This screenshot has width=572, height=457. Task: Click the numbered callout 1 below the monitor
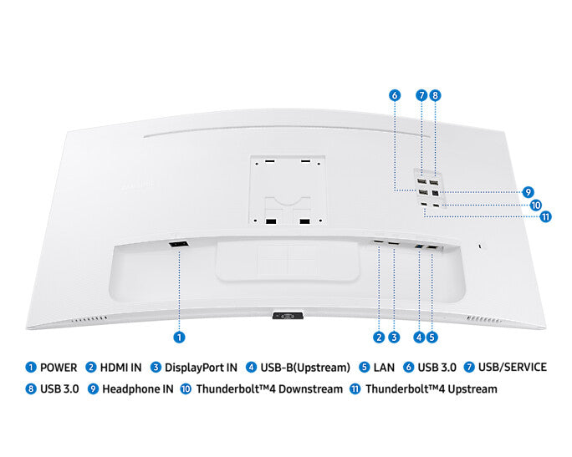[179, 338]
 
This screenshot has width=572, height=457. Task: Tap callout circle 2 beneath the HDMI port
[379, 338]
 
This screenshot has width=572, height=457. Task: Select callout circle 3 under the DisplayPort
[393, 338]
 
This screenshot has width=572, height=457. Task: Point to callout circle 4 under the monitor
[418, 338]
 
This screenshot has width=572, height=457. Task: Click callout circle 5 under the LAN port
[432, 338]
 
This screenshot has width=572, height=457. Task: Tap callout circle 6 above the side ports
[394, 95]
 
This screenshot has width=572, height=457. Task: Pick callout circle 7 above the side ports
[422, 95]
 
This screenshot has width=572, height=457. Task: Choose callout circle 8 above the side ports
[435, 95]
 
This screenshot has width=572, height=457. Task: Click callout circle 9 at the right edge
[528, 191]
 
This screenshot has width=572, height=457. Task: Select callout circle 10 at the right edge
[535, 205]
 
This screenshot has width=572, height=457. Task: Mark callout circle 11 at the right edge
[545, 217]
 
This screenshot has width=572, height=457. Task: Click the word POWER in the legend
[59, 367]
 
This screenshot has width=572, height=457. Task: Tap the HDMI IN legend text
[120, 367]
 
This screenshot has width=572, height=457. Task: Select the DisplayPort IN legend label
[201, 367]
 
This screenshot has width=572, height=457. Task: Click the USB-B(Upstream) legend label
[304, 367]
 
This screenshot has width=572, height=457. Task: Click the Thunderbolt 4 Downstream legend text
[269, 389]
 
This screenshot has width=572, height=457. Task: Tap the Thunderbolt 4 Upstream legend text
[431, 389]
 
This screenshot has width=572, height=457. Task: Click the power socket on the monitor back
[178, 244]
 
